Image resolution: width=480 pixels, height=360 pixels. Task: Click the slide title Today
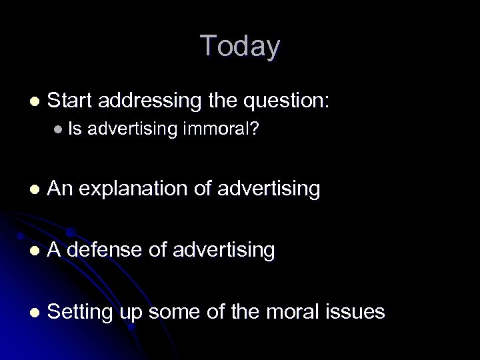coord(240,46)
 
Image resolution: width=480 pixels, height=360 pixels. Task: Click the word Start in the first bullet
coord(71,101)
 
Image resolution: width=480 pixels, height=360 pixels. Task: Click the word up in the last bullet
coord(132,311)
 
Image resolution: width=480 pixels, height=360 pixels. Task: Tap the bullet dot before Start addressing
coord(34,102)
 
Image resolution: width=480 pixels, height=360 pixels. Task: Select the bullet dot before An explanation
coord(34,190)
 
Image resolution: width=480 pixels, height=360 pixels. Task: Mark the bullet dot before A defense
coord(34,251)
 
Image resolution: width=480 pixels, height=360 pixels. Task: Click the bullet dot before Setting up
coord(34,312)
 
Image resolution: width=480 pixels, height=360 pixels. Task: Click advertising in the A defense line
coord(223,250)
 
